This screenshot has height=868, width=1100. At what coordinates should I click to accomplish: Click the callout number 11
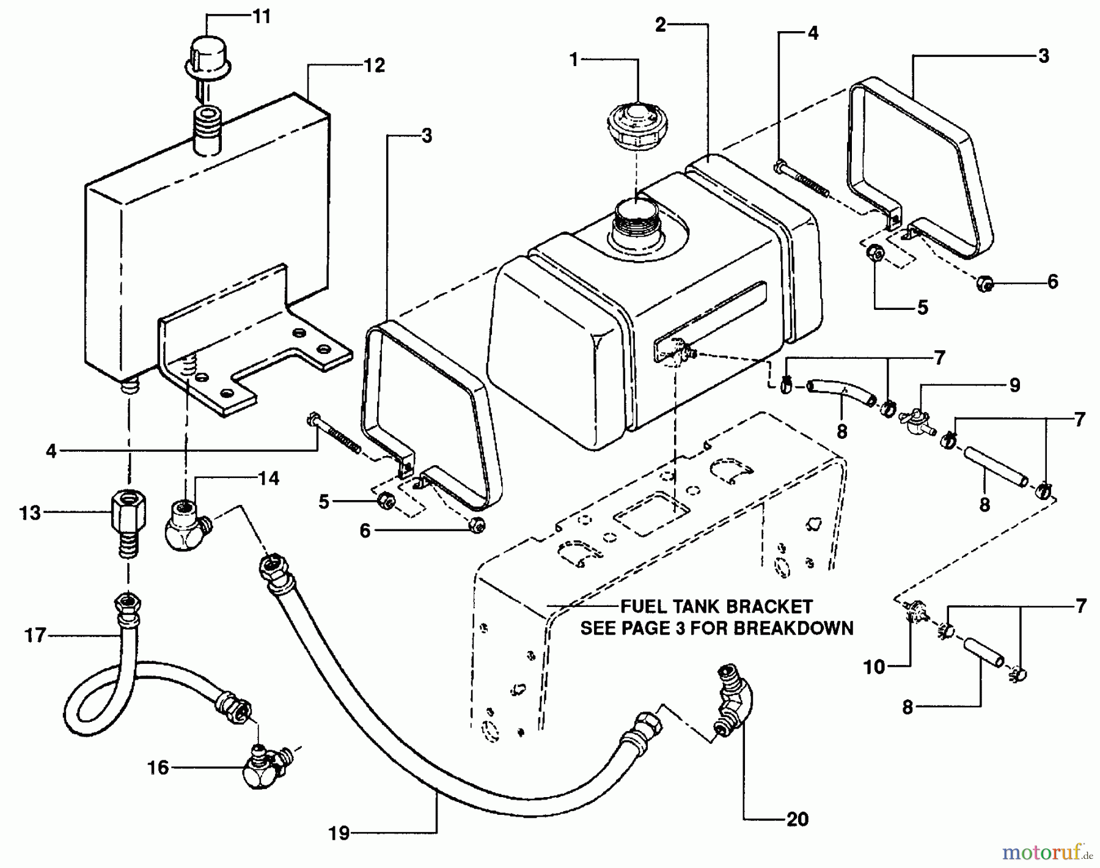[x=261, y=17]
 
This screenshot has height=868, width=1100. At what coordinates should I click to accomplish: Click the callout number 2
[x=660, y=25]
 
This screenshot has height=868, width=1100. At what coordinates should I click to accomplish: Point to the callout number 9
[x=1014, y=385]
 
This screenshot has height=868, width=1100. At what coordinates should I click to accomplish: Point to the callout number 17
[x=35, y=636]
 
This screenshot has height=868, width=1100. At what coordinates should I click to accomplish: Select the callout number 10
[x=874, y=667]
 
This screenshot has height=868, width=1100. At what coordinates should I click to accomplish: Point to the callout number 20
[x=798, y=819]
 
